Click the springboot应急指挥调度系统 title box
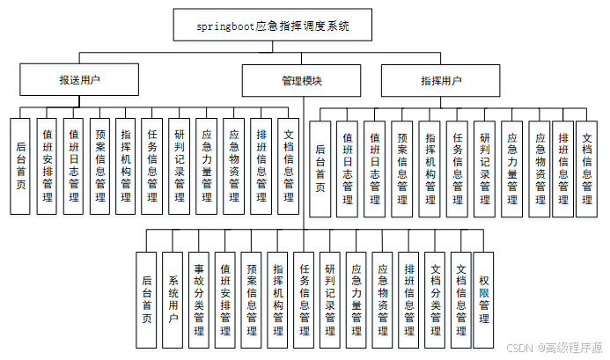(x=273, y=26)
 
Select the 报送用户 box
(x=79, y=80)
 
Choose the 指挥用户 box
(x=441, y=80)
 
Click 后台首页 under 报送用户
(x=20, y=166)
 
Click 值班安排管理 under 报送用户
(x=47, y=166)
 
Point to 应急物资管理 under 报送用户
(x=234, y=166)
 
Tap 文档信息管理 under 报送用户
(x=288, y=166)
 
